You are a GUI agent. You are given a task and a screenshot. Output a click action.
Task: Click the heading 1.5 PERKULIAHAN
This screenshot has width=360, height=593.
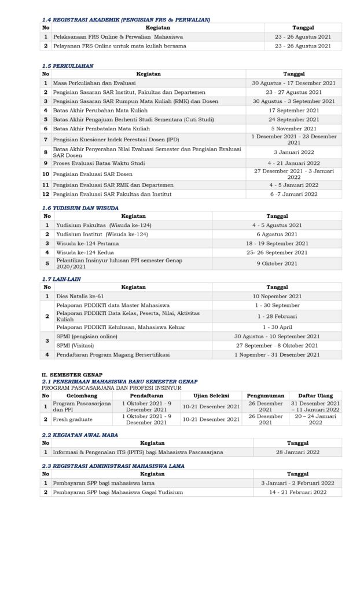pyautogui.click(x=68, y=66)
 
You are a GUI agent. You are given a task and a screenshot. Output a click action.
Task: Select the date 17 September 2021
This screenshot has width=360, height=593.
pyautogui.click(x=293, y=110)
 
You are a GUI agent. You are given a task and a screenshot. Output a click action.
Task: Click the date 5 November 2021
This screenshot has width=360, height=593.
pyautogui.click(x=293, y=128)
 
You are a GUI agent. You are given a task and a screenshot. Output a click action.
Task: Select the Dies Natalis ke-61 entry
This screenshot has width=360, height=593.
pyautogui.click(x=80, y=296)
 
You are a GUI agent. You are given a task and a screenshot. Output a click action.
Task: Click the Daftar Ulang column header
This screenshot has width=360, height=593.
pyautogui.click(x=315, y=395)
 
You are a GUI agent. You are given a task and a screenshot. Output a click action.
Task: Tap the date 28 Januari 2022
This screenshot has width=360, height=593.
pyautogui.click(x=297, y=452)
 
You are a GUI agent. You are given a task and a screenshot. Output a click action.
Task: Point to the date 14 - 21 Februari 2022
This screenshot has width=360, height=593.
pyautogui.click(x=297, y=492)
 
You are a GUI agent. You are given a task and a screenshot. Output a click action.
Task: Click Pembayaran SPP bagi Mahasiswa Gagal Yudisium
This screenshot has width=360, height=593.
pyautogui.click(x=118, y=492)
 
